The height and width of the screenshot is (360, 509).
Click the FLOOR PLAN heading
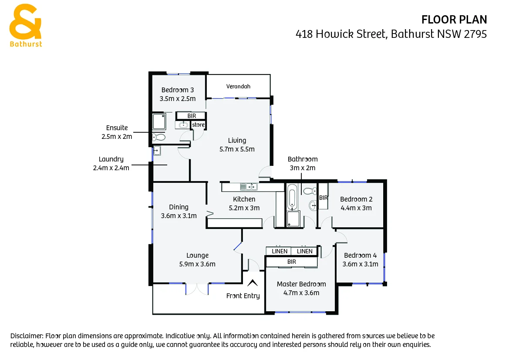coord(454,20)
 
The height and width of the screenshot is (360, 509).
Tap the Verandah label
coord(238,87)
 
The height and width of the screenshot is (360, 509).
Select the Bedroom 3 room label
coord(177,90)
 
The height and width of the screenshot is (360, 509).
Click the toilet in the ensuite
coord(159,137)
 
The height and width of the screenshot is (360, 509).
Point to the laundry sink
coord(157,151)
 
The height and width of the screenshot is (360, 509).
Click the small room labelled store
coord(198,125)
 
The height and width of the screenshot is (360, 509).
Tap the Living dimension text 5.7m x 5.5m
coord(237,149)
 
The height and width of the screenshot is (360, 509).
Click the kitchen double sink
coord(249,187)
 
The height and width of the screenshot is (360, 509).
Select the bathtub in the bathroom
coord(292,197)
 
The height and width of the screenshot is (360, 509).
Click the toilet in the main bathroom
coord(310,191)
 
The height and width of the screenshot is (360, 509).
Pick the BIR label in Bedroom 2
coord(323,198)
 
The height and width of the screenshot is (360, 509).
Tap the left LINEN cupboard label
coord(280,251)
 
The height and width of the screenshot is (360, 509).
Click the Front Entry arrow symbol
coord(252,283)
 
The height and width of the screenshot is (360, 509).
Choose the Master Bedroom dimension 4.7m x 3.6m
coord(301,293)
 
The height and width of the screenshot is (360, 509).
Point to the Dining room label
coord(179,207)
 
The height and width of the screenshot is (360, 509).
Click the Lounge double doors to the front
coord(197,289)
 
